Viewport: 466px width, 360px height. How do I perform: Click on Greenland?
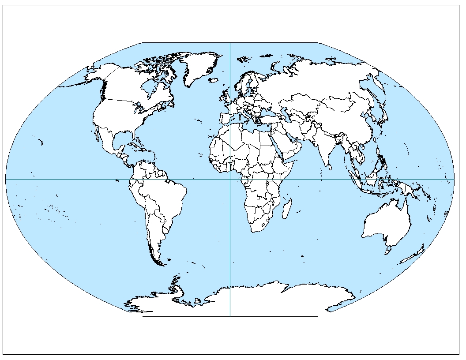(x=199, y=66)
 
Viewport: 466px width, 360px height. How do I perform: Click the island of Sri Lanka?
(x=329, y=167)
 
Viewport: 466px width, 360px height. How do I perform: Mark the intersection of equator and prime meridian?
(x=230, y=179)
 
